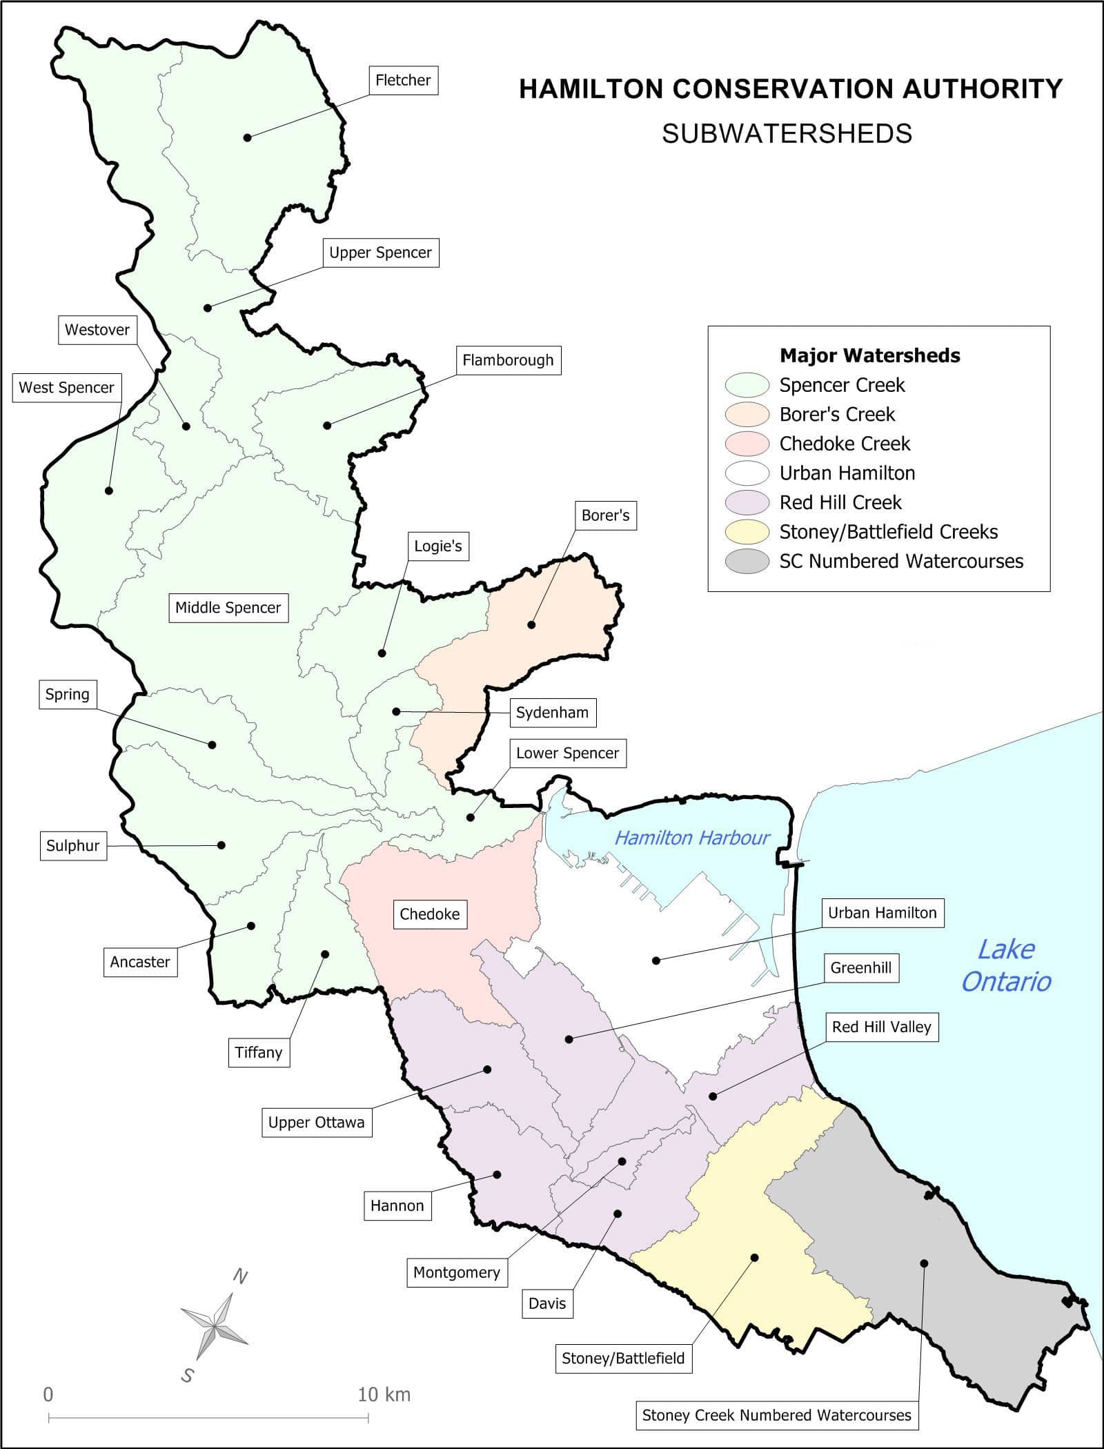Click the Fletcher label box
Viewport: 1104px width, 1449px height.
(x=403, y=80)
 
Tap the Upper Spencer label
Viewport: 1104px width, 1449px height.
(x=380, y=253)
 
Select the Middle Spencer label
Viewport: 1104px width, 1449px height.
(x=228, y=608)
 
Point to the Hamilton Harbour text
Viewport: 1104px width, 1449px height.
(x=692, y=838)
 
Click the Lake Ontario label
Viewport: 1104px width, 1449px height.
(x=1006, y=966)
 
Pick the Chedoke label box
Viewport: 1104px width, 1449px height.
(x=429, y=914)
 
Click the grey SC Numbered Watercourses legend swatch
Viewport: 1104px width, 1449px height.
(x=747, y=561)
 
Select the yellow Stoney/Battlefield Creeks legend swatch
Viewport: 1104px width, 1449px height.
(x=747, y=532)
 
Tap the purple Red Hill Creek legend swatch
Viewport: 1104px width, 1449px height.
(x=747, y=502)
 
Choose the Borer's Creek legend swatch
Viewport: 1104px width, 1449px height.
(x=747, y=415)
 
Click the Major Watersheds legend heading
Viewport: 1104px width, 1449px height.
(x=869, y=356)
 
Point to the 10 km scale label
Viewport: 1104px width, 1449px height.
(x=384, y=1394)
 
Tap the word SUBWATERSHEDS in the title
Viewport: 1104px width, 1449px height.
(x=787, y=134)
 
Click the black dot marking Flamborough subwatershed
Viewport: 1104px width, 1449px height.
(x=327, y=425)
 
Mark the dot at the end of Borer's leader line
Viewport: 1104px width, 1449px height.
(x=531, y=625)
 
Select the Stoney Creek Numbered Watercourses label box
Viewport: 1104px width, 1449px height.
(x=776, y=1415)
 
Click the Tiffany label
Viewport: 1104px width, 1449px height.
(x=258, y=1052)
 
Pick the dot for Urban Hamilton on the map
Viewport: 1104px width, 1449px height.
(x=655, y=960)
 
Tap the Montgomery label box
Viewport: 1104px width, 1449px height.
(x=456, y=1272)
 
